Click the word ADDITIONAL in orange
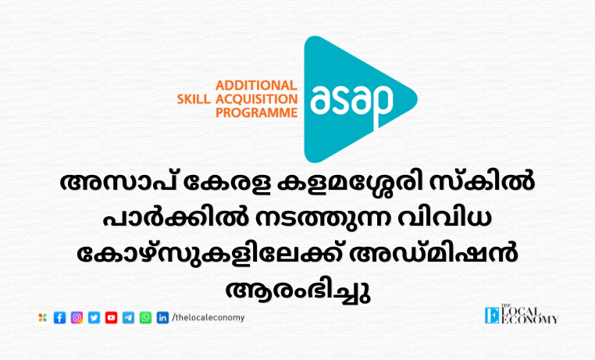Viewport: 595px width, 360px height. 256,85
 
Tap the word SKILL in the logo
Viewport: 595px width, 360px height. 194,99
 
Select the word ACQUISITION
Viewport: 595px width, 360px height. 257,99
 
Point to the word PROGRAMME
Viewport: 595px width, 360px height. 257,112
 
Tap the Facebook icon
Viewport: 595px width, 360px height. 59,318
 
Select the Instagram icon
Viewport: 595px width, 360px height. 77,318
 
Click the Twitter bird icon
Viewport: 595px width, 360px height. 94,318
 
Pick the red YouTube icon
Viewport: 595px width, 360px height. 111,318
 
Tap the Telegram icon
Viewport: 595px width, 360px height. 128,318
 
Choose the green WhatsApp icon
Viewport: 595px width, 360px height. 145,318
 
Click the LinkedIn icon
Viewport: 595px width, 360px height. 162,318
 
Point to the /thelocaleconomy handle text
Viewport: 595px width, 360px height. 208,318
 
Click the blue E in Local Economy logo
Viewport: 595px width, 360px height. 492,315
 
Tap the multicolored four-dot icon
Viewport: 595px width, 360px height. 42,318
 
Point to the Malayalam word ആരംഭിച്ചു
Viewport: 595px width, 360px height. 297,291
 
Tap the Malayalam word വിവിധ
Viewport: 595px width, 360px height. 445,219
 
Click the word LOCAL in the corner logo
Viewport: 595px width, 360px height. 521,312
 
